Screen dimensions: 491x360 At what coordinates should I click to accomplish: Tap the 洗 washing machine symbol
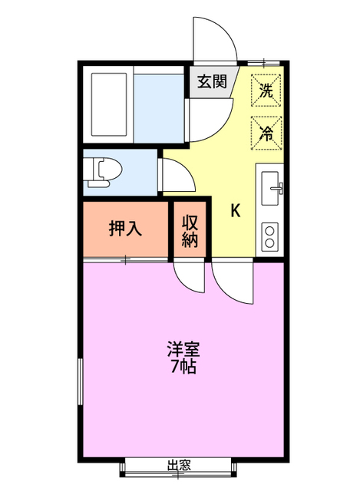tap(266, 88)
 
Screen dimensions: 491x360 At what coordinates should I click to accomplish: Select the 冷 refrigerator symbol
tap(266, 131)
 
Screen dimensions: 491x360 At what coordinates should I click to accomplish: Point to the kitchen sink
tap(272, 186)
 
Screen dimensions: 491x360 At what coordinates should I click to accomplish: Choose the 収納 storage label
tap(190, 230)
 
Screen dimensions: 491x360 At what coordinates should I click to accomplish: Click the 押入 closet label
tap(124, 229)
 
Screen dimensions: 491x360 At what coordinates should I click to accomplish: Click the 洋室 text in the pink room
tap(183, 349)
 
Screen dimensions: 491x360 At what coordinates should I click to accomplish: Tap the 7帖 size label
tap(183, 367)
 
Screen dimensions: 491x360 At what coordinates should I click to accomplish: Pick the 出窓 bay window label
tap(179, 466)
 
